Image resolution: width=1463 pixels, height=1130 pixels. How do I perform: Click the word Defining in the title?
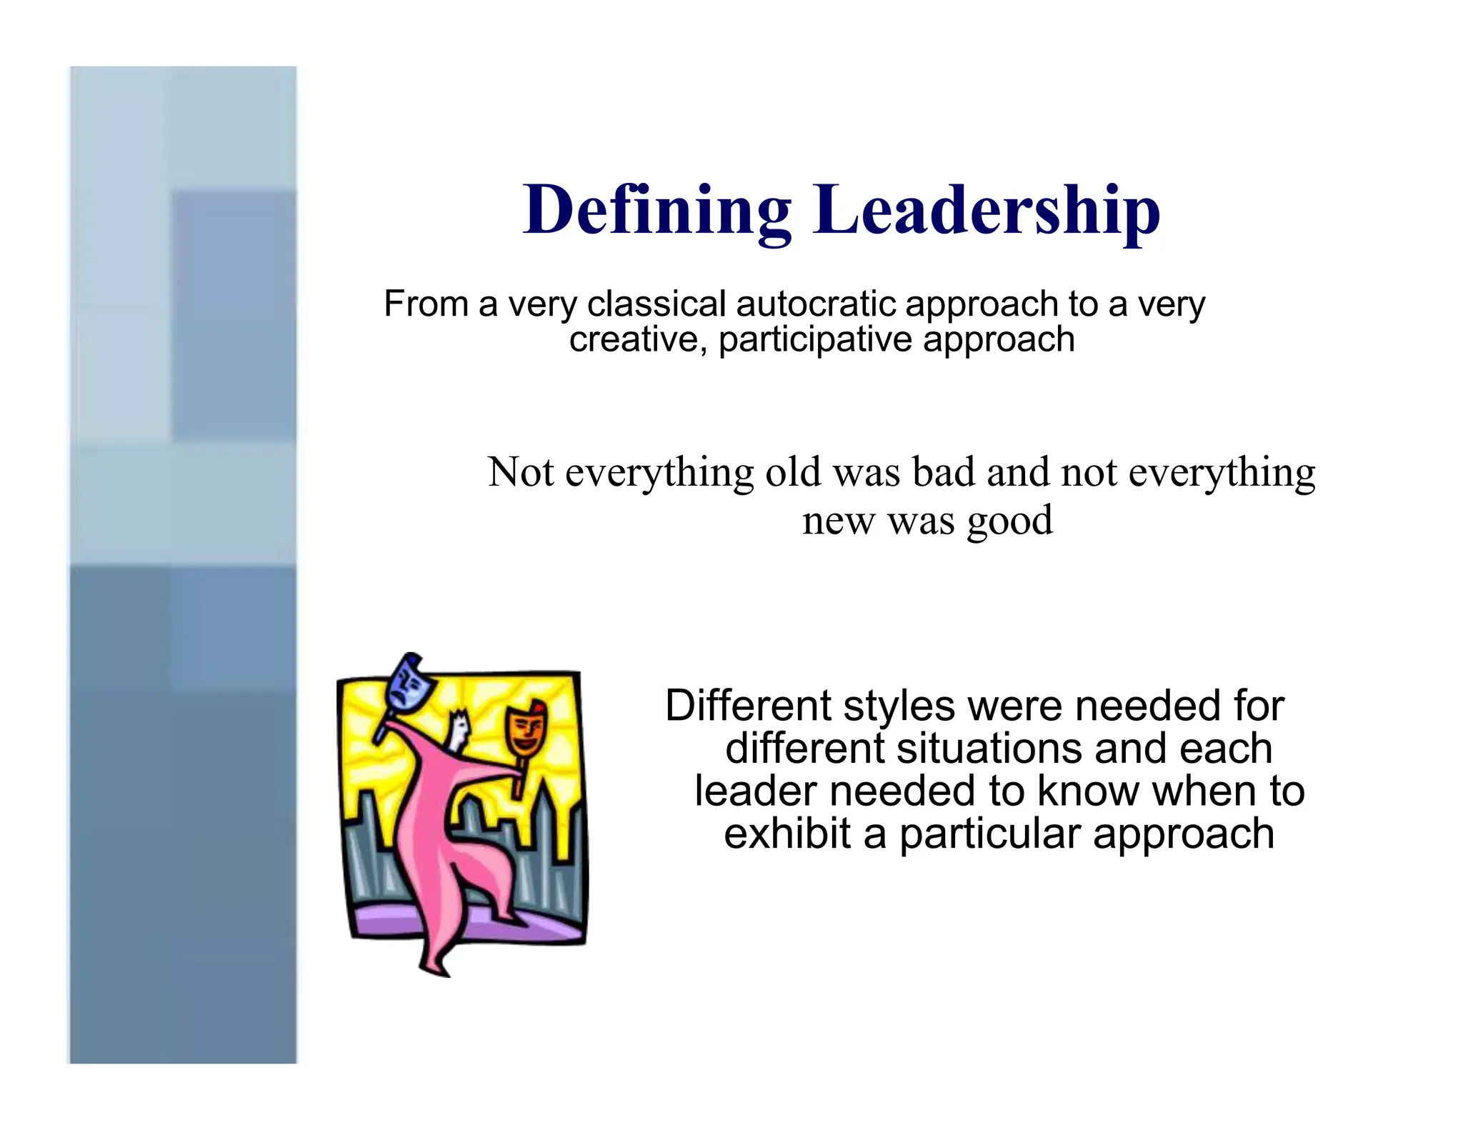[656, 211]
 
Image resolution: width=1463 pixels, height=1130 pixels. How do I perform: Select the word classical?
[656, 304]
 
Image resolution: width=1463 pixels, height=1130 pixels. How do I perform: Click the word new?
[838, 521]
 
